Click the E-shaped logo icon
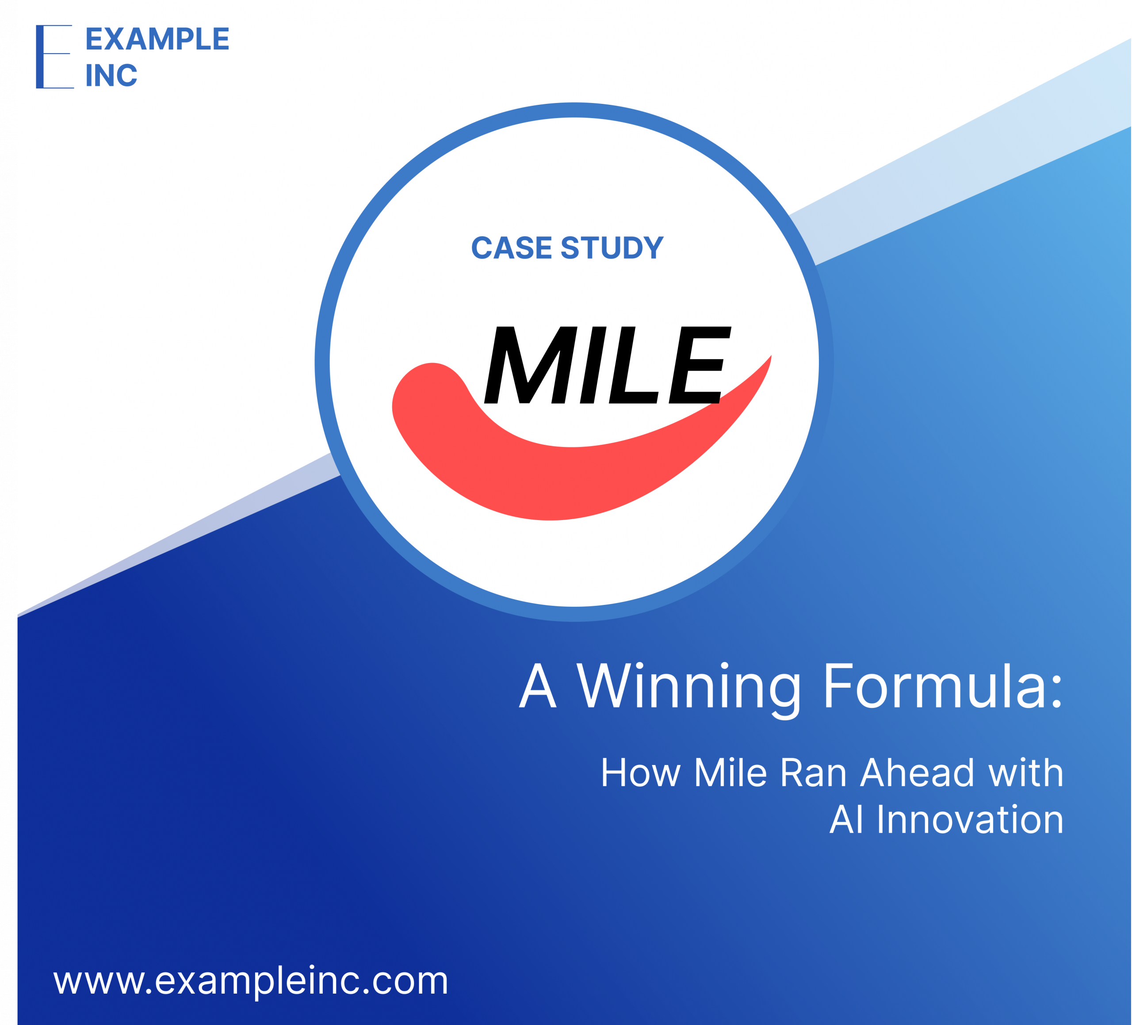pos(54,57)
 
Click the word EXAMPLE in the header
pos(157,39)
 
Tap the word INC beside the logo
pos(111,75)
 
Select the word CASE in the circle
pos(512,248)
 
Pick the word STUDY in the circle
pos(612,248)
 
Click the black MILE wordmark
pos(608,365)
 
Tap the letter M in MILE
pos(531,365)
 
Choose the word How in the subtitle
pos(641,773)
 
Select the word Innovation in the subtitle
pos(970,819)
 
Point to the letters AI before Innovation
pos(847,819)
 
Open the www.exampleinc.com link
pos(251,981)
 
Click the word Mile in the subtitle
pos(730,773)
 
